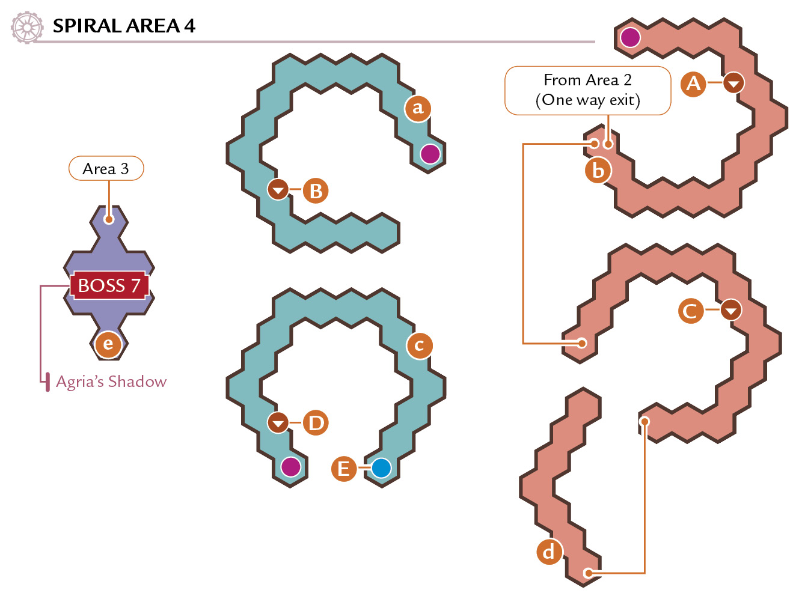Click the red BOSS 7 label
(109, 285)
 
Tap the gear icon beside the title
(27, 27)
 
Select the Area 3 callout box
(106, 168)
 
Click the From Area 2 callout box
(587, 90)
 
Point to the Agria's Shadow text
(111, 382)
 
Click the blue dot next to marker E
(381, 467)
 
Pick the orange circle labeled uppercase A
(693, 84)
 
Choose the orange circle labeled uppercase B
(316, 190)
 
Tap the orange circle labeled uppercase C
(691, 311)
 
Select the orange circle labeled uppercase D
(316, 423)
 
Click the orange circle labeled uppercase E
(344, 469)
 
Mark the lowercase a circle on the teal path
(418, 108)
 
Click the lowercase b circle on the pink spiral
(598, 170)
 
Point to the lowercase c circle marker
(419, 345)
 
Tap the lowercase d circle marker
(550, 552)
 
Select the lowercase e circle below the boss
(108, 344)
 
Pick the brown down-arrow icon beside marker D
(278, 423)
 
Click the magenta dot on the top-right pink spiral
(630, 37)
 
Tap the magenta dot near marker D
(291, 467)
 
